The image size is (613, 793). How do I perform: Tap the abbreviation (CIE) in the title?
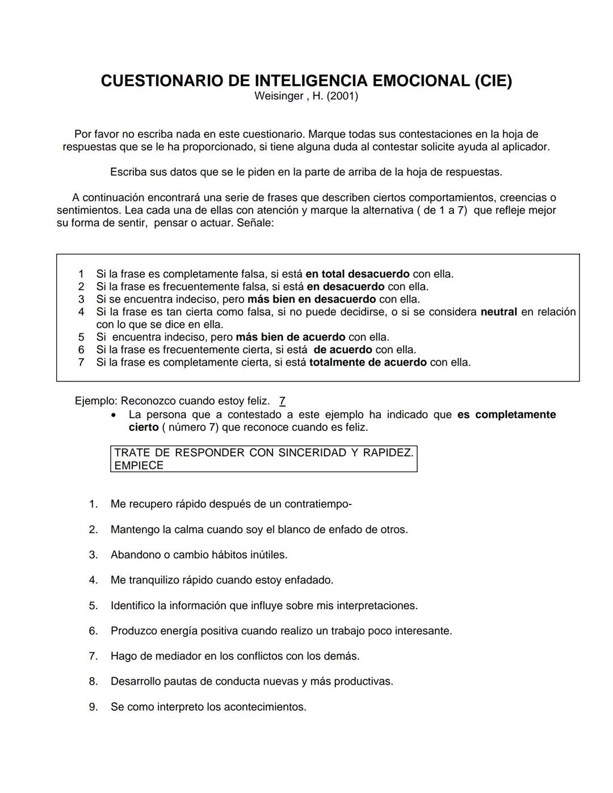[x=493, y=81]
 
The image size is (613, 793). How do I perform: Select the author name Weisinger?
[x=278, y=96]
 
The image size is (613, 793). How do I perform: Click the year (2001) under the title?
[x=342, y=96]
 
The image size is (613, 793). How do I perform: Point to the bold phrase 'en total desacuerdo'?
[x=357, y=274]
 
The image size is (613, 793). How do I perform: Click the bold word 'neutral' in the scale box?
[x=498, y=312]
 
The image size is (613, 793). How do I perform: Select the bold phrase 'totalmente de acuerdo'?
[x=368, y=362]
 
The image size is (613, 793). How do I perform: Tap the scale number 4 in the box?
[x=81, y=312]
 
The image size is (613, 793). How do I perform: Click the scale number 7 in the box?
[x=81, y=362]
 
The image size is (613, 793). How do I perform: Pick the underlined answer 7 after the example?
[x=282, y=401]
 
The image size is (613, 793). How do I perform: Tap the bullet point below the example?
[x=115, y=416]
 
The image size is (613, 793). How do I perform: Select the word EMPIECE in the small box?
[x=138, y=465]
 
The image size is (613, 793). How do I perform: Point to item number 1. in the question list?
[x=93, y=504]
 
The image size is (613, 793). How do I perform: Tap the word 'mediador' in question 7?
[x=174, y=656]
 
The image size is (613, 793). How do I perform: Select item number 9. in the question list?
[x=93, y=707]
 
